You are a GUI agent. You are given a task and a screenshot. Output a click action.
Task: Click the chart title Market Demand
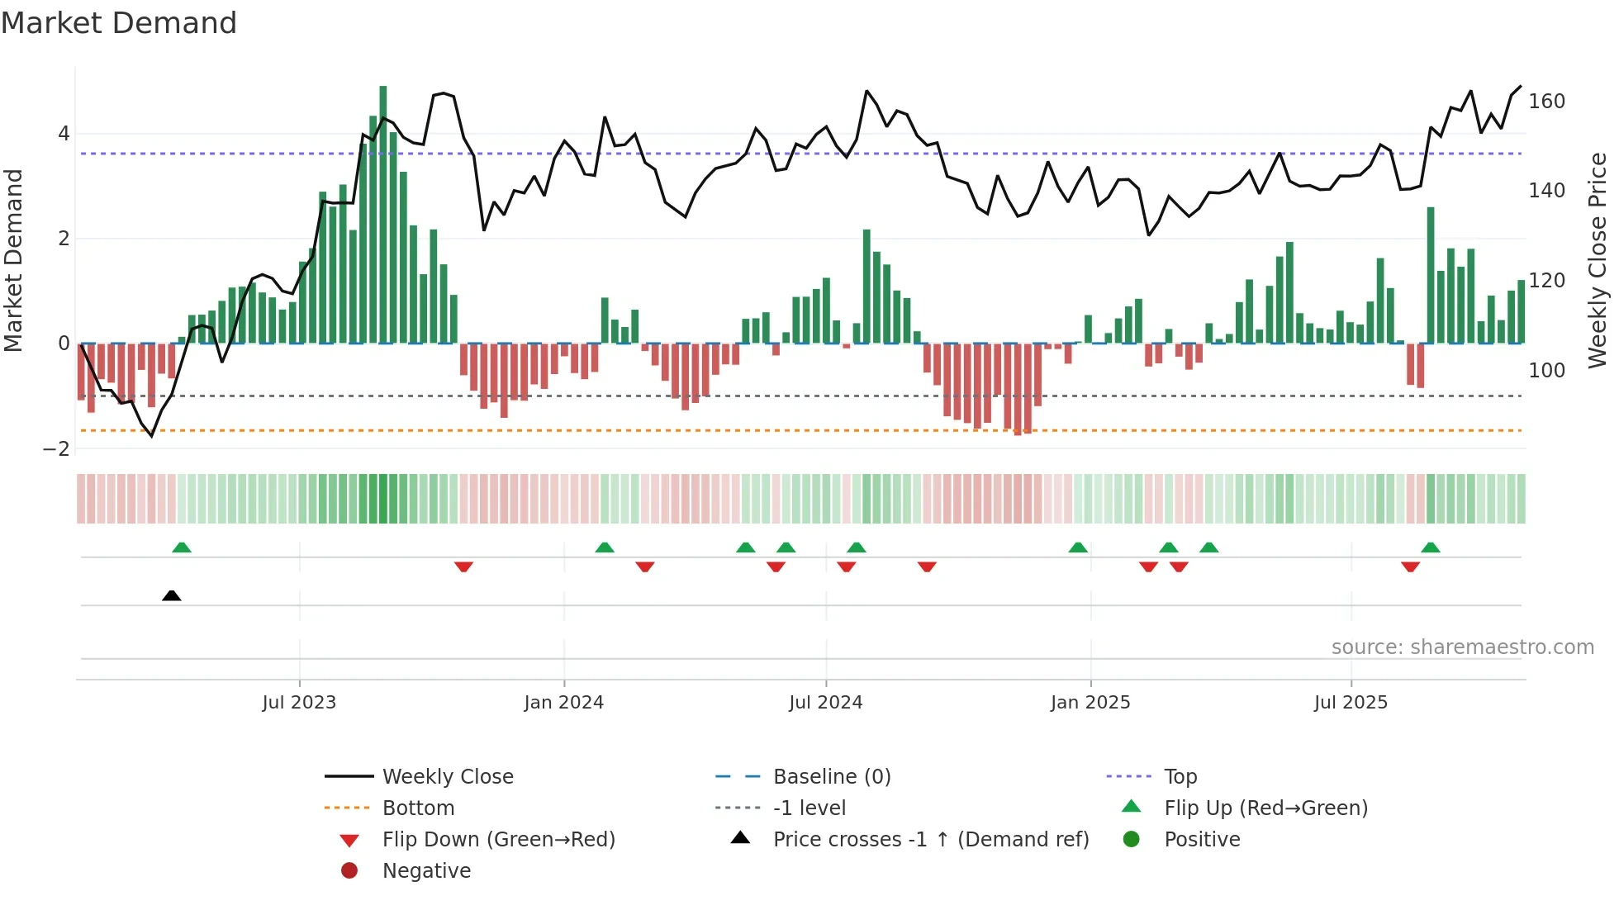click(119, 23)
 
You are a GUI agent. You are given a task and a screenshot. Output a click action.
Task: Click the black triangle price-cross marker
click(172, 595)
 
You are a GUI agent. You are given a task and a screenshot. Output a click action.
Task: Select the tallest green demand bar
click(382, 213)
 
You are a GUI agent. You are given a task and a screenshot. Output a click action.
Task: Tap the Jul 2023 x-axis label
click(299, 703)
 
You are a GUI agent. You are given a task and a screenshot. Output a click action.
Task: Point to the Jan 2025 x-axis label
click(1090, 703)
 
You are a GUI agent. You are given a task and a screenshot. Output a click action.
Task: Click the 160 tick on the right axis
click(1546, 102)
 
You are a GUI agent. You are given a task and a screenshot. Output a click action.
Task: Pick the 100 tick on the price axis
click(1546, 371)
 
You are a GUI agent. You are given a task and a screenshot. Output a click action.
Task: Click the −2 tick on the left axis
click(57, 449)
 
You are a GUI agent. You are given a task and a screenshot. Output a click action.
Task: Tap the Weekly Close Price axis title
click(1598, 260)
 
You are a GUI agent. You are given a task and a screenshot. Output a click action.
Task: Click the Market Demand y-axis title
click(14, 260)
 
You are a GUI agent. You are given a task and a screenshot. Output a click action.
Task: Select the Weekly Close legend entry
click(447, 777)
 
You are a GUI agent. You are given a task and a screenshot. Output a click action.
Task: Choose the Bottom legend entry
click(418, 808)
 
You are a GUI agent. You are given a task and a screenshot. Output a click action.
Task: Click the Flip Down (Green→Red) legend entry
click(498, 840)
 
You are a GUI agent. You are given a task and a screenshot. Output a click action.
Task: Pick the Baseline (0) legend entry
click(831, 777)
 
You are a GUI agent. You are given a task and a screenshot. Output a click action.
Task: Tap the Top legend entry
click(1180, 777)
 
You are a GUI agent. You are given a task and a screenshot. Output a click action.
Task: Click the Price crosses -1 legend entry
click(930, 840)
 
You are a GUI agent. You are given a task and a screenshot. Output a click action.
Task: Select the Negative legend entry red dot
click(349, 871)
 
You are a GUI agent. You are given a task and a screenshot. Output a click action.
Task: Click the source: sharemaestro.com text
click(1462, 647)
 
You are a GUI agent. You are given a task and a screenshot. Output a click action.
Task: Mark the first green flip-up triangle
click(182, 547)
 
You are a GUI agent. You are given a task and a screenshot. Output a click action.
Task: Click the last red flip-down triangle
click(1410, 566)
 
